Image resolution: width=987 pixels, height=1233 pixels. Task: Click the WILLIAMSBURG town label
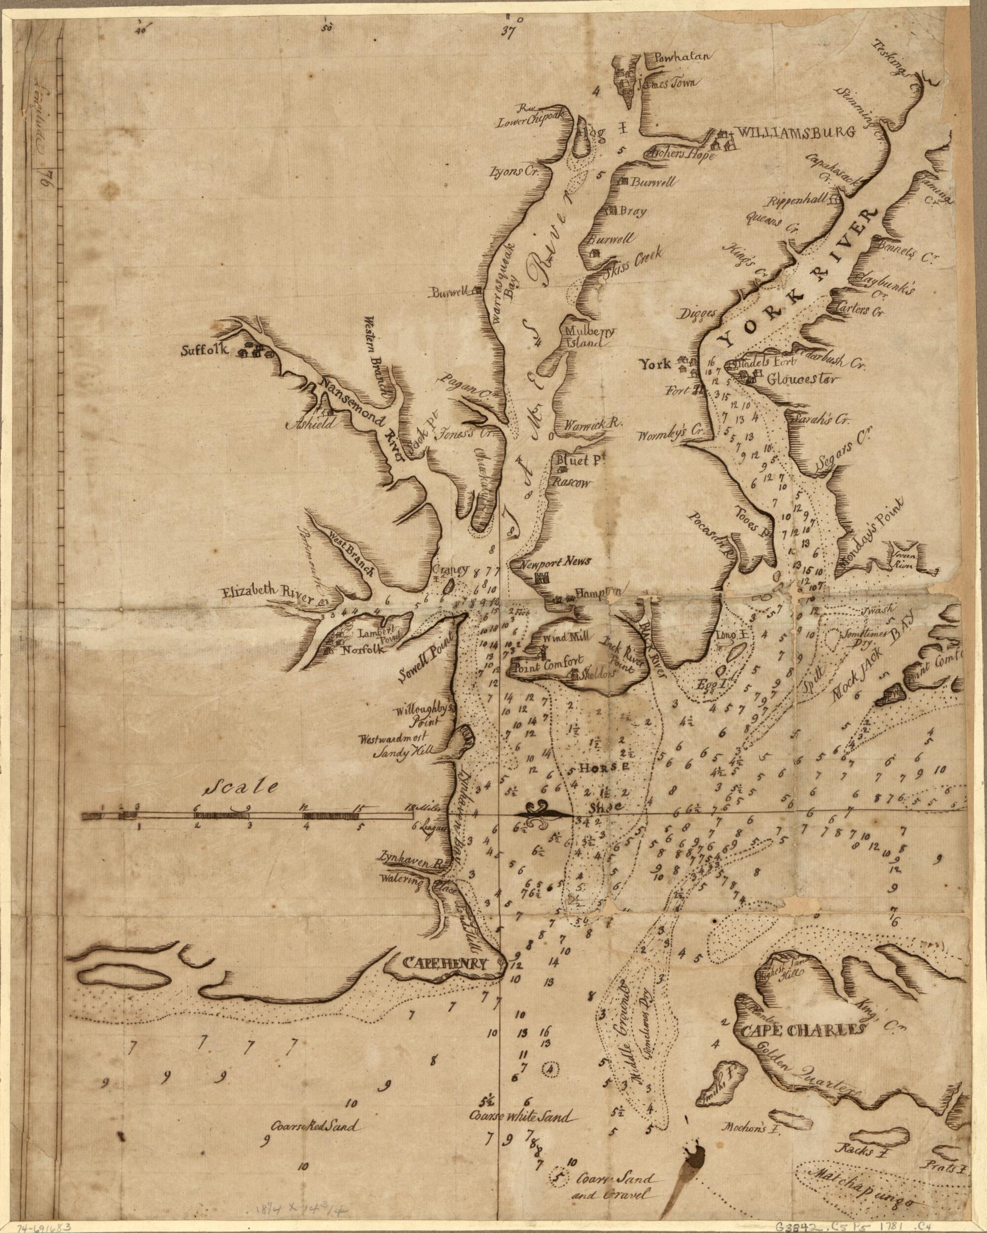pyautogui.click(x=795, y=131)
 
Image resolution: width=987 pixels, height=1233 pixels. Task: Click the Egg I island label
pyautogui.click(x=707, y=684)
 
